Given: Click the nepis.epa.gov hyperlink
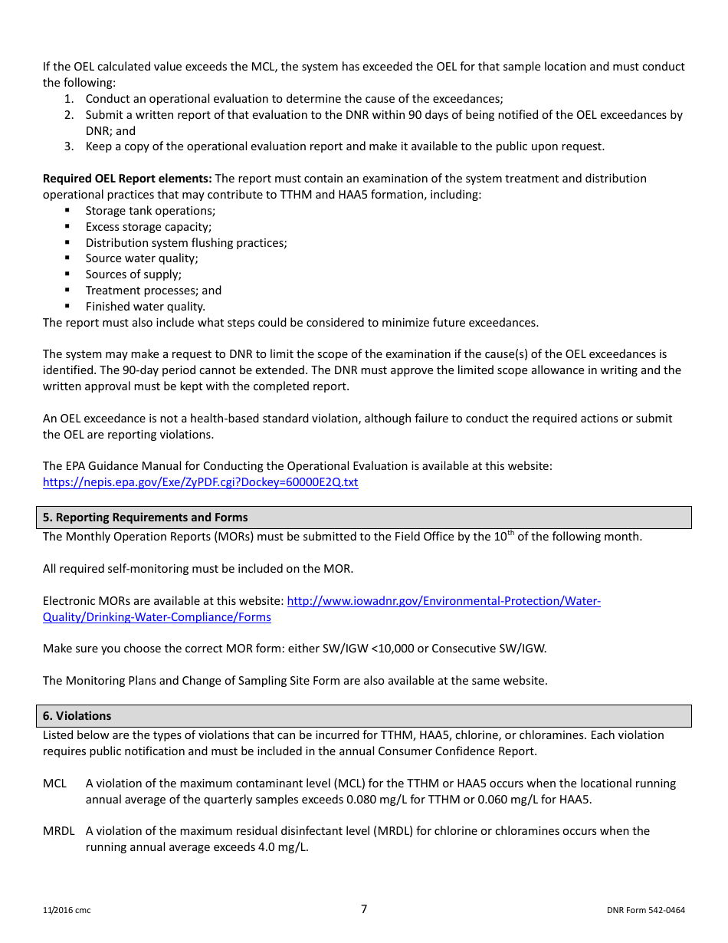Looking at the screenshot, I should (x=200, y=482).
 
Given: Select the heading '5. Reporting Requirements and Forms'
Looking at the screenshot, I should (x=145, y=517).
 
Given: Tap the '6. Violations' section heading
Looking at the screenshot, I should (x=77, y=716).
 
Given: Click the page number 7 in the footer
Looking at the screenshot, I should (x=364, y=909).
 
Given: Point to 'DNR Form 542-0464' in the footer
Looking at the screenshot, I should (x=645, y=911).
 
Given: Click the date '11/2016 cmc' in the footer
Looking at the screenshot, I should (x=67, y=911).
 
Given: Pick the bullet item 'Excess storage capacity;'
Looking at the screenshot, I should (x=149, y=227).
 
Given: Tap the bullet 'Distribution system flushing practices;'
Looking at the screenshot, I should (x=186, y=243).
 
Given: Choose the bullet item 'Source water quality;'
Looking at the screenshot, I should (x=142, y=258).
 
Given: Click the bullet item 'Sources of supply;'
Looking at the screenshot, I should (x=133, y=274).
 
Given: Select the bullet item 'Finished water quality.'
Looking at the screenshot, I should (x=146, y=307).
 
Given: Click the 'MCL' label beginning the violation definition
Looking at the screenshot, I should (x=54, y=784).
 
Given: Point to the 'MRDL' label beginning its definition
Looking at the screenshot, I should (x=58, y=831).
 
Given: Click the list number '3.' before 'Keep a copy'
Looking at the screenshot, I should (x=69, y=146).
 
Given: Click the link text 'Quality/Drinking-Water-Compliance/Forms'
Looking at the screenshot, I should (x=156, y=617).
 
